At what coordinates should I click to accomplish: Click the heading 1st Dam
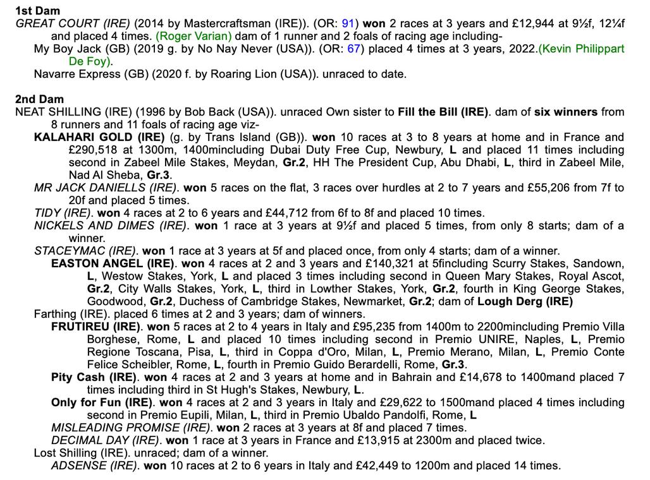[38, 11]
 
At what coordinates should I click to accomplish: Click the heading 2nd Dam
[39, 99]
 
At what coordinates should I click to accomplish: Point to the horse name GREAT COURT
[55, 23]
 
